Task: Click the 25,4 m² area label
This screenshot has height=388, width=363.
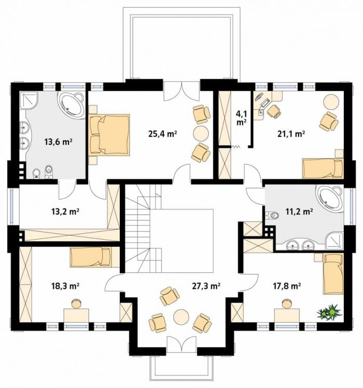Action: tap(162, 134)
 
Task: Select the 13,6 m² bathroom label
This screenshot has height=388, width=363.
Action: tap(59, 142)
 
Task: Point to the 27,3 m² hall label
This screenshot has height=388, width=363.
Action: tap(206, 286)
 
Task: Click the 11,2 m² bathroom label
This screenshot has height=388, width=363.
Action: tap(299, 212)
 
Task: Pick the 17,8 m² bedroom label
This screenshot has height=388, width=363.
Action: tap(287, 286)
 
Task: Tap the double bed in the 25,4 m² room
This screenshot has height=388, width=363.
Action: tap(109, 135)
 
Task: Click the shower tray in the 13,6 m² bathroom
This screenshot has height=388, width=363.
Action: tap(29, 100)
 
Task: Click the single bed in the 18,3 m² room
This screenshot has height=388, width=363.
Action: tap(91, 257)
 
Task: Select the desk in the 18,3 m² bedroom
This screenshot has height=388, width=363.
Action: tap(76, 315)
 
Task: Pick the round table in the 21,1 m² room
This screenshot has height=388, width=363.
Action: tap(331, 102)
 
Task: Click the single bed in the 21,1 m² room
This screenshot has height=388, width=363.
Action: tap(323, 168)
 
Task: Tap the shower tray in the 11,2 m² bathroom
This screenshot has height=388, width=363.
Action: tap(334, 241)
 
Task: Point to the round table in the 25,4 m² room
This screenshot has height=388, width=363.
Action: tap(201, 134)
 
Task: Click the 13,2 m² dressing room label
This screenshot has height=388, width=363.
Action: tap(65, 212)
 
